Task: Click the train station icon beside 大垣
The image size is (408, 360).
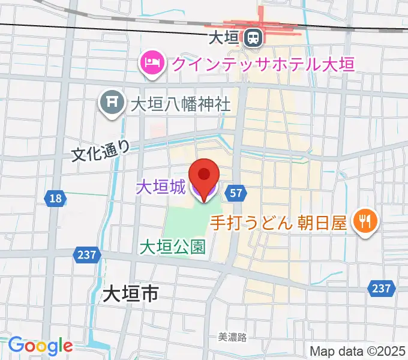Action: (253, 38)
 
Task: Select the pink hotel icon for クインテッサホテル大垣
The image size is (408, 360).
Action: (151, 62)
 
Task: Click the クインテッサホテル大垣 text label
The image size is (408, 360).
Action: (262, 62)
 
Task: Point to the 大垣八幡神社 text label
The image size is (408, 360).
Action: (181, 103)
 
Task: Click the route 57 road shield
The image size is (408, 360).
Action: (236, 193)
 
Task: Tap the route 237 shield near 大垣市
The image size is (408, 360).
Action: (86, 255)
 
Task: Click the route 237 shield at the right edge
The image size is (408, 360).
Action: (382, 289)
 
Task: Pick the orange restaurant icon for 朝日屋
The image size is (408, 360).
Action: (364, 221)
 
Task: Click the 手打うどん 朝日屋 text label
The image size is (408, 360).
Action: (278, 223)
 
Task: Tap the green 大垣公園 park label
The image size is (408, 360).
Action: (173, 246)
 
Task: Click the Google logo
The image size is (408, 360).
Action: (40, 346)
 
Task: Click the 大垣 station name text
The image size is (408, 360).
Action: (223, 38)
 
